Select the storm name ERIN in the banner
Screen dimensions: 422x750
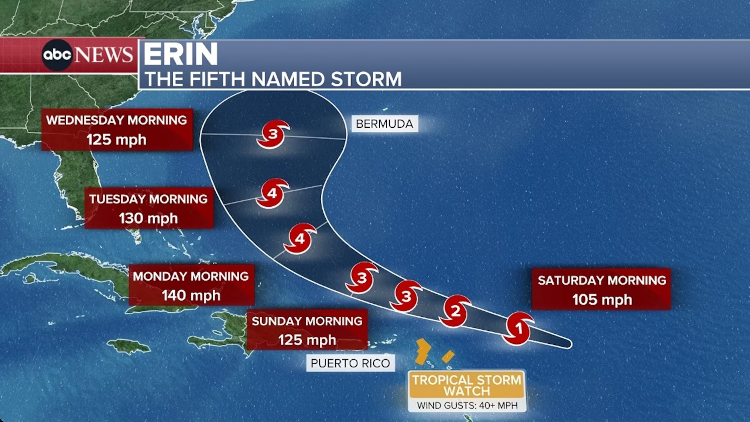coord(180,54)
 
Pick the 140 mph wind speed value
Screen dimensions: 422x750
coord(191,295)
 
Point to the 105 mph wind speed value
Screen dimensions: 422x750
coord(602,300)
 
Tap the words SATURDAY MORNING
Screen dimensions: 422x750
coord(602,280)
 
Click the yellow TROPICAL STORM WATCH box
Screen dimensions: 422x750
coord(467,385)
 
